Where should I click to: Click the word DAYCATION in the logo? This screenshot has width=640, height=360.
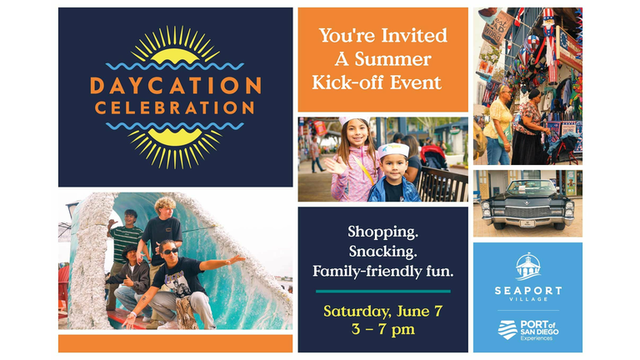coord(176,86)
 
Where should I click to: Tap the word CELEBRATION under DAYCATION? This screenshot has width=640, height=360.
coord(175,107)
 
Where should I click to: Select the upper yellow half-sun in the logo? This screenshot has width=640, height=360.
coord(175,55)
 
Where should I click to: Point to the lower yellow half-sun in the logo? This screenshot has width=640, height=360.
coord(175,137)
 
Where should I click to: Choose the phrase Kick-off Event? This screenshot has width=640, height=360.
coord(377,82)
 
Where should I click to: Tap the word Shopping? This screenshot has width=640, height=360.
coord(382,232)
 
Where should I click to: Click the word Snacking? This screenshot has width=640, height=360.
coord(382,252)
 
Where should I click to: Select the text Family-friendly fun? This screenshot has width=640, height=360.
coord(382,272)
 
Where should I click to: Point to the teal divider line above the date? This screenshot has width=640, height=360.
coord(382,292)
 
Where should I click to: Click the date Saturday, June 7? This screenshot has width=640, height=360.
coord(382,312)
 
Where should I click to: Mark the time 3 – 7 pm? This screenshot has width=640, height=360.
coord(382,329)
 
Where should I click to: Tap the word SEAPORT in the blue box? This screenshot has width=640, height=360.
coord(528,291)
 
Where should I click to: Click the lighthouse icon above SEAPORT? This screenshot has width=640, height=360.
coord(528,267)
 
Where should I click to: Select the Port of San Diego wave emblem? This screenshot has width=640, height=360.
coord(507,330)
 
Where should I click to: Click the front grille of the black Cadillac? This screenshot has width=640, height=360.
coord(527,212)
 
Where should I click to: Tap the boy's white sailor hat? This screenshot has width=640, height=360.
coord(392,151)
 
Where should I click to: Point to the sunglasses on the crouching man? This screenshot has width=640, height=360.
coord(170,251)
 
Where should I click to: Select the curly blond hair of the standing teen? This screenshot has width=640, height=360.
coord(164,203)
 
